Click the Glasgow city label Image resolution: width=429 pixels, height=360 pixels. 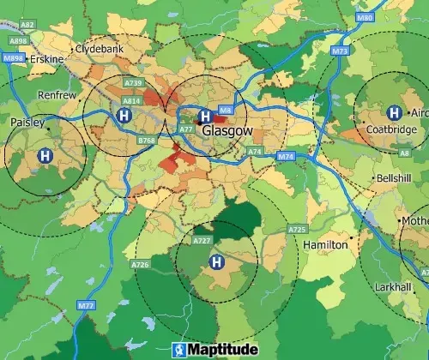pos(228,131)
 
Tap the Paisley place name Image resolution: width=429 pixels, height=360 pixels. pos(27,123)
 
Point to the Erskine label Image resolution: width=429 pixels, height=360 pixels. pos(45,58)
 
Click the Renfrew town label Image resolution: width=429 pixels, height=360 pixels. pos(57,95)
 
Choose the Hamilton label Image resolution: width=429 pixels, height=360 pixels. pos(326,244)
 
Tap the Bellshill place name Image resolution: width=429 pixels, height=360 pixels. pos(394,178)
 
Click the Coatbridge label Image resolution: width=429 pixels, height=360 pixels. pos(391,129)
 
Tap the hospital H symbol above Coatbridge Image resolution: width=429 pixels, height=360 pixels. pos(394,111)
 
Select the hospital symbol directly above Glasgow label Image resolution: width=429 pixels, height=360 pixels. pos(204,116)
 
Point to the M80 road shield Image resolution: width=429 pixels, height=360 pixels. pos(365,17)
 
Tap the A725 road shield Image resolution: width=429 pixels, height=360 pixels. pos(298,230)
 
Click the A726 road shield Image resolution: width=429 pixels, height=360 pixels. pos(141,266)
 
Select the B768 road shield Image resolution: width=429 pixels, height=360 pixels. pos(147,139)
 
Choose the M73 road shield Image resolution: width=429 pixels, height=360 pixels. pos(340,51)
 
